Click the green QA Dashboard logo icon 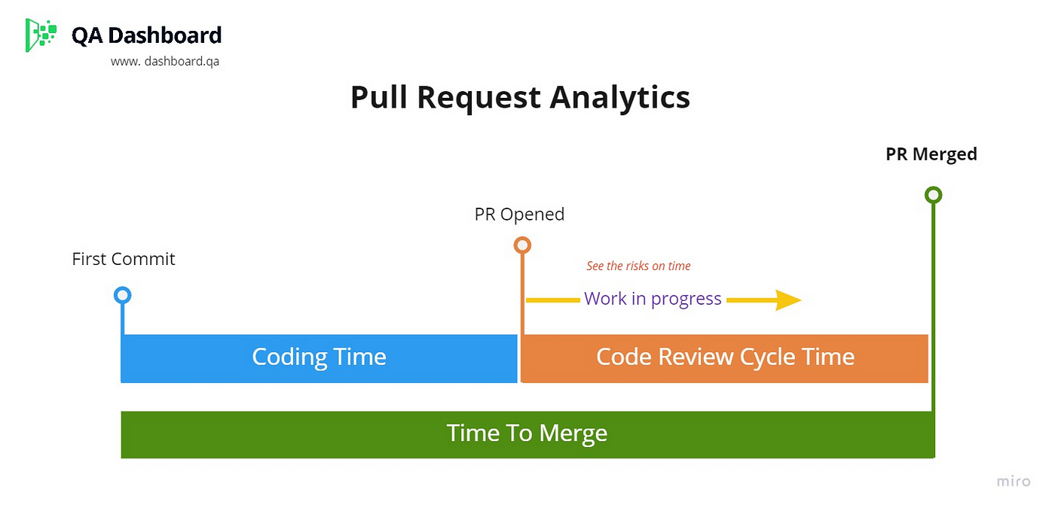pos(41,35)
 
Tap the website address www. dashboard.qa pos(165,62)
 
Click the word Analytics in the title pos(619,98)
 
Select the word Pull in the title pos(378,97)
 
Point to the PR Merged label pos(931,154)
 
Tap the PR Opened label pos(519,214)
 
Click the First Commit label pos(124,259)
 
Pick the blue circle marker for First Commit pos(122,288)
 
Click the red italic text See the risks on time pos(638,266)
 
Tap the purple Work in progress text pos(653,299)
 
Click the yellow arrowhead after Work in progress pos(788,300)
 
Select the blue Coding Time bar pos(319,358)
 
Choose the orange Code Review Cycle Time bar pos(724,358)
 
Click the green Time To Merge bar pos(527,435)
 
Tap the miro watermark pos(1014,482)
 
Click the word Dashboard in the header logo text pos(165,35)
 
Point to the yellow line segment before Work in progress pos(553,300)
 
